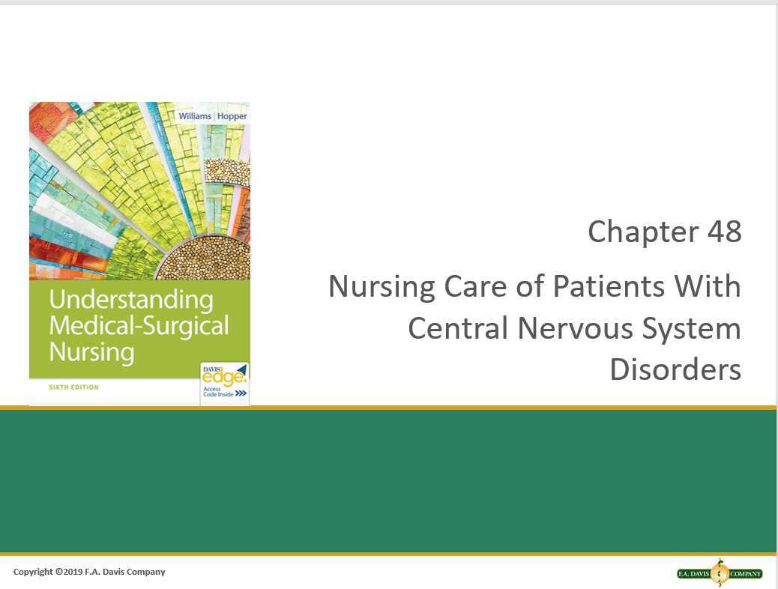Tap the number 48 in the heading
pos(723,232)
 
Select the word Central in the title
pos(452,329)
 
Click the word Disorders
pos(675,370)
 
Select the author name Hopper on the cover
pos(230,116)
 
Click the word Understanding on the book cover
pos(131,300)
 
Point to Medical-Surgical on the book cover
pos(139,325)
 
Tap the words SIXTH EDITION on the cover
pos(73,387)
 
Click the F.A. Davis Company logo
pos(720,574)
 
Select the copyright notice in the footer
pos(89,572)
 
